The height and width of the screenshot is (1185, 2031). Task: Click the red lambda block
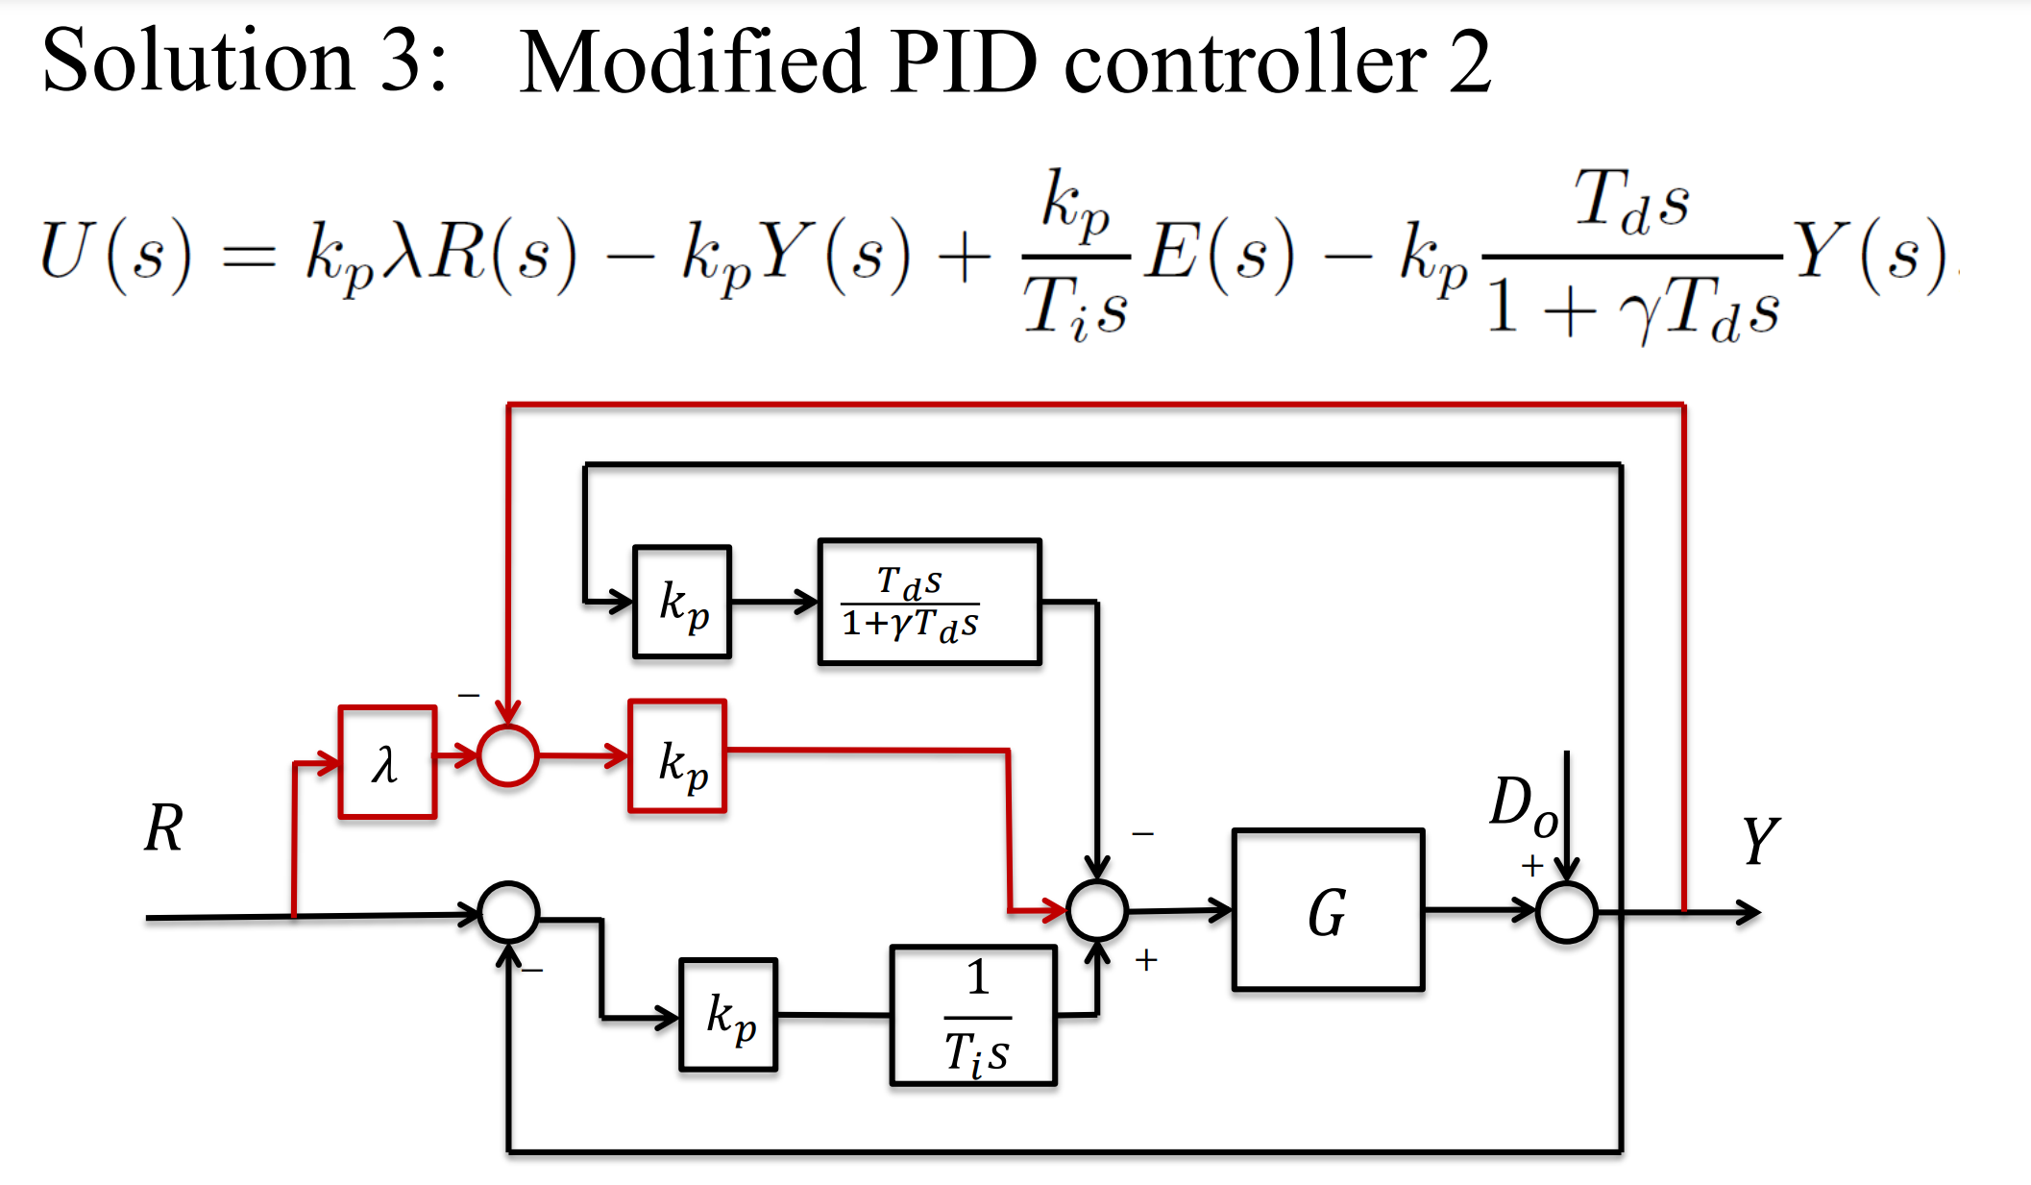[387, 762]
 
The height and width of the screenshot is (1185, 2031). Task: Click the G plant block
[1328, 909]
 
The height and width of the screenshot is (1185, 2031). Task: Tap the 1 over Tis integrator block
[973, 1016]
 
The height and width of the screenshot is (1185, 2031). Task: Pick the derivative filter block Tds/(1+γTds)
[929, 602]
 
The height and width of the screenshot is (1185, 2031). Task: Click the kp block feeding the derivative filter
[682, 602]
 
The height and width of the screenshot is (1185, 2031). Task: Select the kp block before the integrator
[728, 1015]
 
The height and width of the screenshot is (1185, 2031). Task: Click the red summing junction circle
[507, 755]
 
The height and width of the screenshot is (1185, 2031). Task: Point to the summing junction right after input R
[508, 911]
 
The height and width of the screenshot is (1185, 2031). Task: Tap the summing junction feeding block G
[1096, 909]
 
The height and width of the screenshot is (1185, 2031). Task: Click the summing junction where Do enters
[1566, 911]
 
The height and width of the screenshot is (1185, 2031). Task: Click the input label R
[164, 827]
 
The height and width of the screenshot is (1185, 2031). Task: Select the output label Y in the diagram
[1760, 841]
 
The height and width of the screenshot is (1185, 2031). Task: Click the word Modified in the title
[692, 62]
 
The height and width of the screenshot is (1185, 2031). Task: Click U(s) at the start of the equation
[115, 255]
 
